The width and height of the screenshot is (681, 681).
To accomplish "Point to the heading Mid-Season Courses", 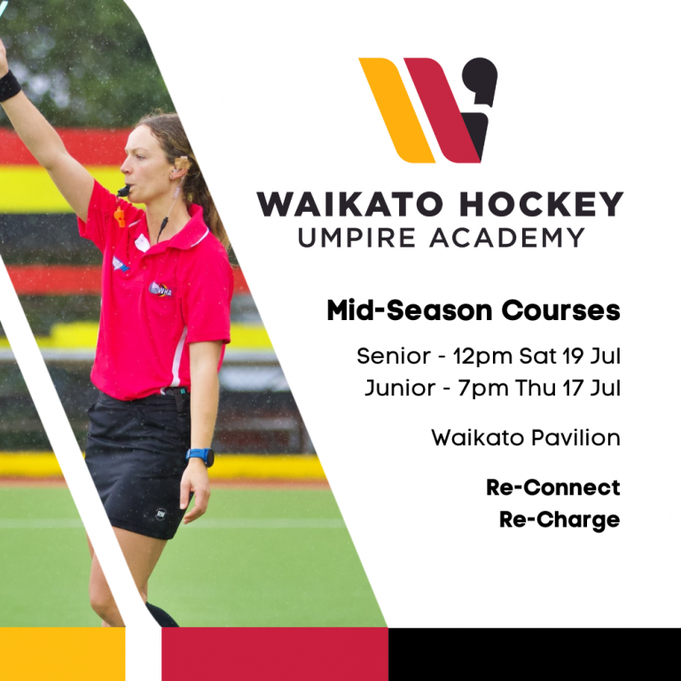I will point(473,311).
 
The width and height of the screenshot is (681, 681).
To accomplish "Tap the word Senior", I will point(392,356).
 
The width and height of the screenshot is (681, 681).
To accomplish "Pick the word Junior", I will point(399,388).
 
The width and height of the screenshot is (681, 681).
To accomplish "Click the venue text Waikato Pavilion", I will point(525,437).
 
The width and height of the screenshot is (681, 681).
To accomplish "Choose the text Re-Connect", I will point(552,487).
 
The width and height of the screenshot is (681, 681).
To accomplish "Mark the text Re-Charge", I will point(559,519).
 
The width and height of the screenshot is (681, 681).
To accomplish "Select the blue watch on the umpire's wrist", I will point(200,457).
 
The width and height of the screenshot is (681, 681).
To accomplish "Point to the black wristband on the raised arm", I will point(9,86).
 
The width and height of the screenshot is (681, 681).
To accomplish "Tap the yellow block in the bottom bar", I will point(62,654).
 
